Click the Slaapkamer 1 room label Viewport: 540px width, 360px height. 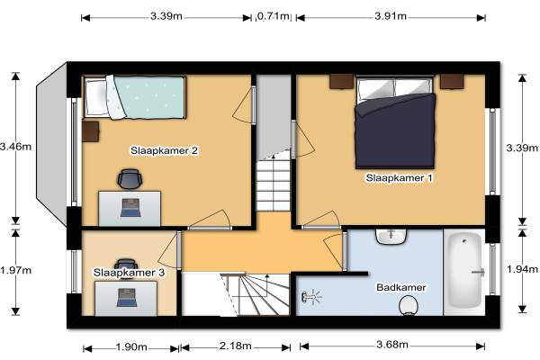[399, 178]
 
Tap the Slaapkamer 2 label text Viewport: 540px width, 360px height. [164, 150]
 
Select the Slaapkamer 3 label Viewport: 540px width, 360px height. [129, 273]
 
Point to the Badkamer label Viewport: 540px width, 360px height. [401, 287]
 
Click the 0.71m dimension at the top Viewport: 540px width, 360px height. [274, 16]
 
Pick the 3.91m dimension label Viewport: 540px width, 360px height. [391, 16]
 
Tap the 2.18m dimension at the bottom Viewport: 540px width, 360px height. [235, 346]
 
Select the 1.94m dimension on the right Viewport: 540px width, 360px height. [522, 269]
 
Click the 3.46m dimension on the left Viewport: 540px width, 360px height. [15, 147]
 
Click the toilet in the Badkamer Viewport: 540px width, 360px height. [409, 306]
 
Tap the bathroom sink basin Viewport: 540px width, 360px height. [391, 237]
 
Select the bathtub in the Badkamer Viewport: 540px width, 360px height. [465, 270]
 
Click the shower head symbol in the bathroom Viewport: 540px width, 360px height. [311, 297]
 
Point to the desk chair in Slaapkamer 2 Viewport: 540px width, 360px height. [130, 179]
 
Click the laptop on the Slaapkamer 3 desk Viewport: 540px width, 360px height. [127, 298]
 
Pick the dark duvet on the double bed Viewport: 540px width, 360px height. [395, 131]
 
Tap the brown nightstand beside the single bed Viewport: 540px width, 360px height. [91, 131]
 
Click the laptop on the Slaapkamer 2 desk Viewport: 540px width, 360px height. [130, 208]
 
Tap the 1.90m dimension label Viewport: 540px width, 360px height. [131, 346]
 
